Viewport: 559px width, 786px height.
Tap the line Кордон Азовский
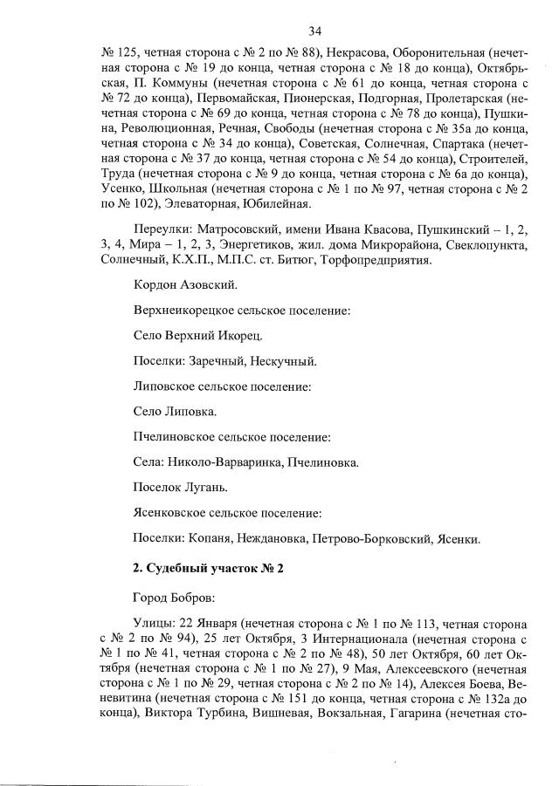184,285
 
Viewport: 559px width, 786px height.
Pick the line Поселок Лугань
180,487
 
